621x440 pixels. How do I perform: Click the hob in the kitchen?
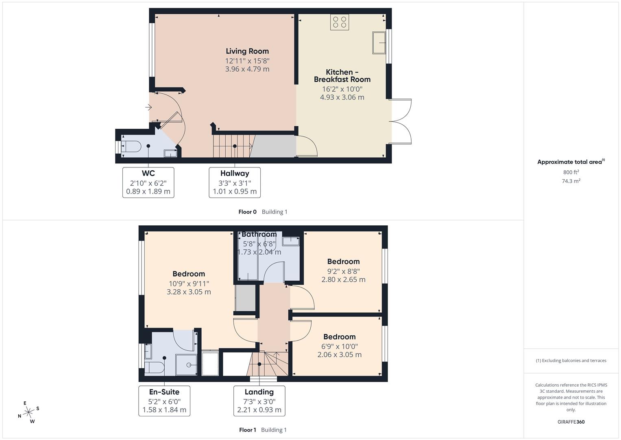340,22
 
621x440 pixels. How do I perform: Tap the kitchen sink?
379,43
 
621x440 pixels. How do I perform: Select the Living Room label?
247,51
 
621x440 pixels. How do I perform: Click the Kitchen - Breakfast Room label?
342,76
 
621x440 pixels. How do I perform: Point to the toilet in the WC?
132,146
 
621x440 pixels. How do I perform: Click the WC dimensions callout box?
148,183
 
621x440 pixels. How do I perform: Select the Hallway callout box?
235,183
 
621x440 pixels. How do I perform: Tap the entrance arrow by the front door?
148,108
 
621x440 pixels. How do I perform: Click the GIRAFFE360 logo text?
571,422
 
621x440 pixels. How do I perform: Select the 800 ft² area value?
571,172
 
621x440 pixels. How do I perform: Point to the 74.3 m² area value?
571,181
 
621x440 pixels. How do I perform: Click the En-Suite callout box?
164,401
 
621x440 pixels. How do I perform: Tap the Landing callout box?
259,401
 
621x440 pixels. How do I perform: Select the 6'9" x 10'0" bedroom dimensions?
339,350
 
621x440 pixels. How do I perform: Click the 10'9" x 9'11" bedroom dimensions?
189,288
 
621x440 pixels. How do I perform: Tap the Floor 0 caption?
247,212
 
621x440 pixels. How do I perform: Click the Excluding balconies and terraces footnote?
571,361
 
